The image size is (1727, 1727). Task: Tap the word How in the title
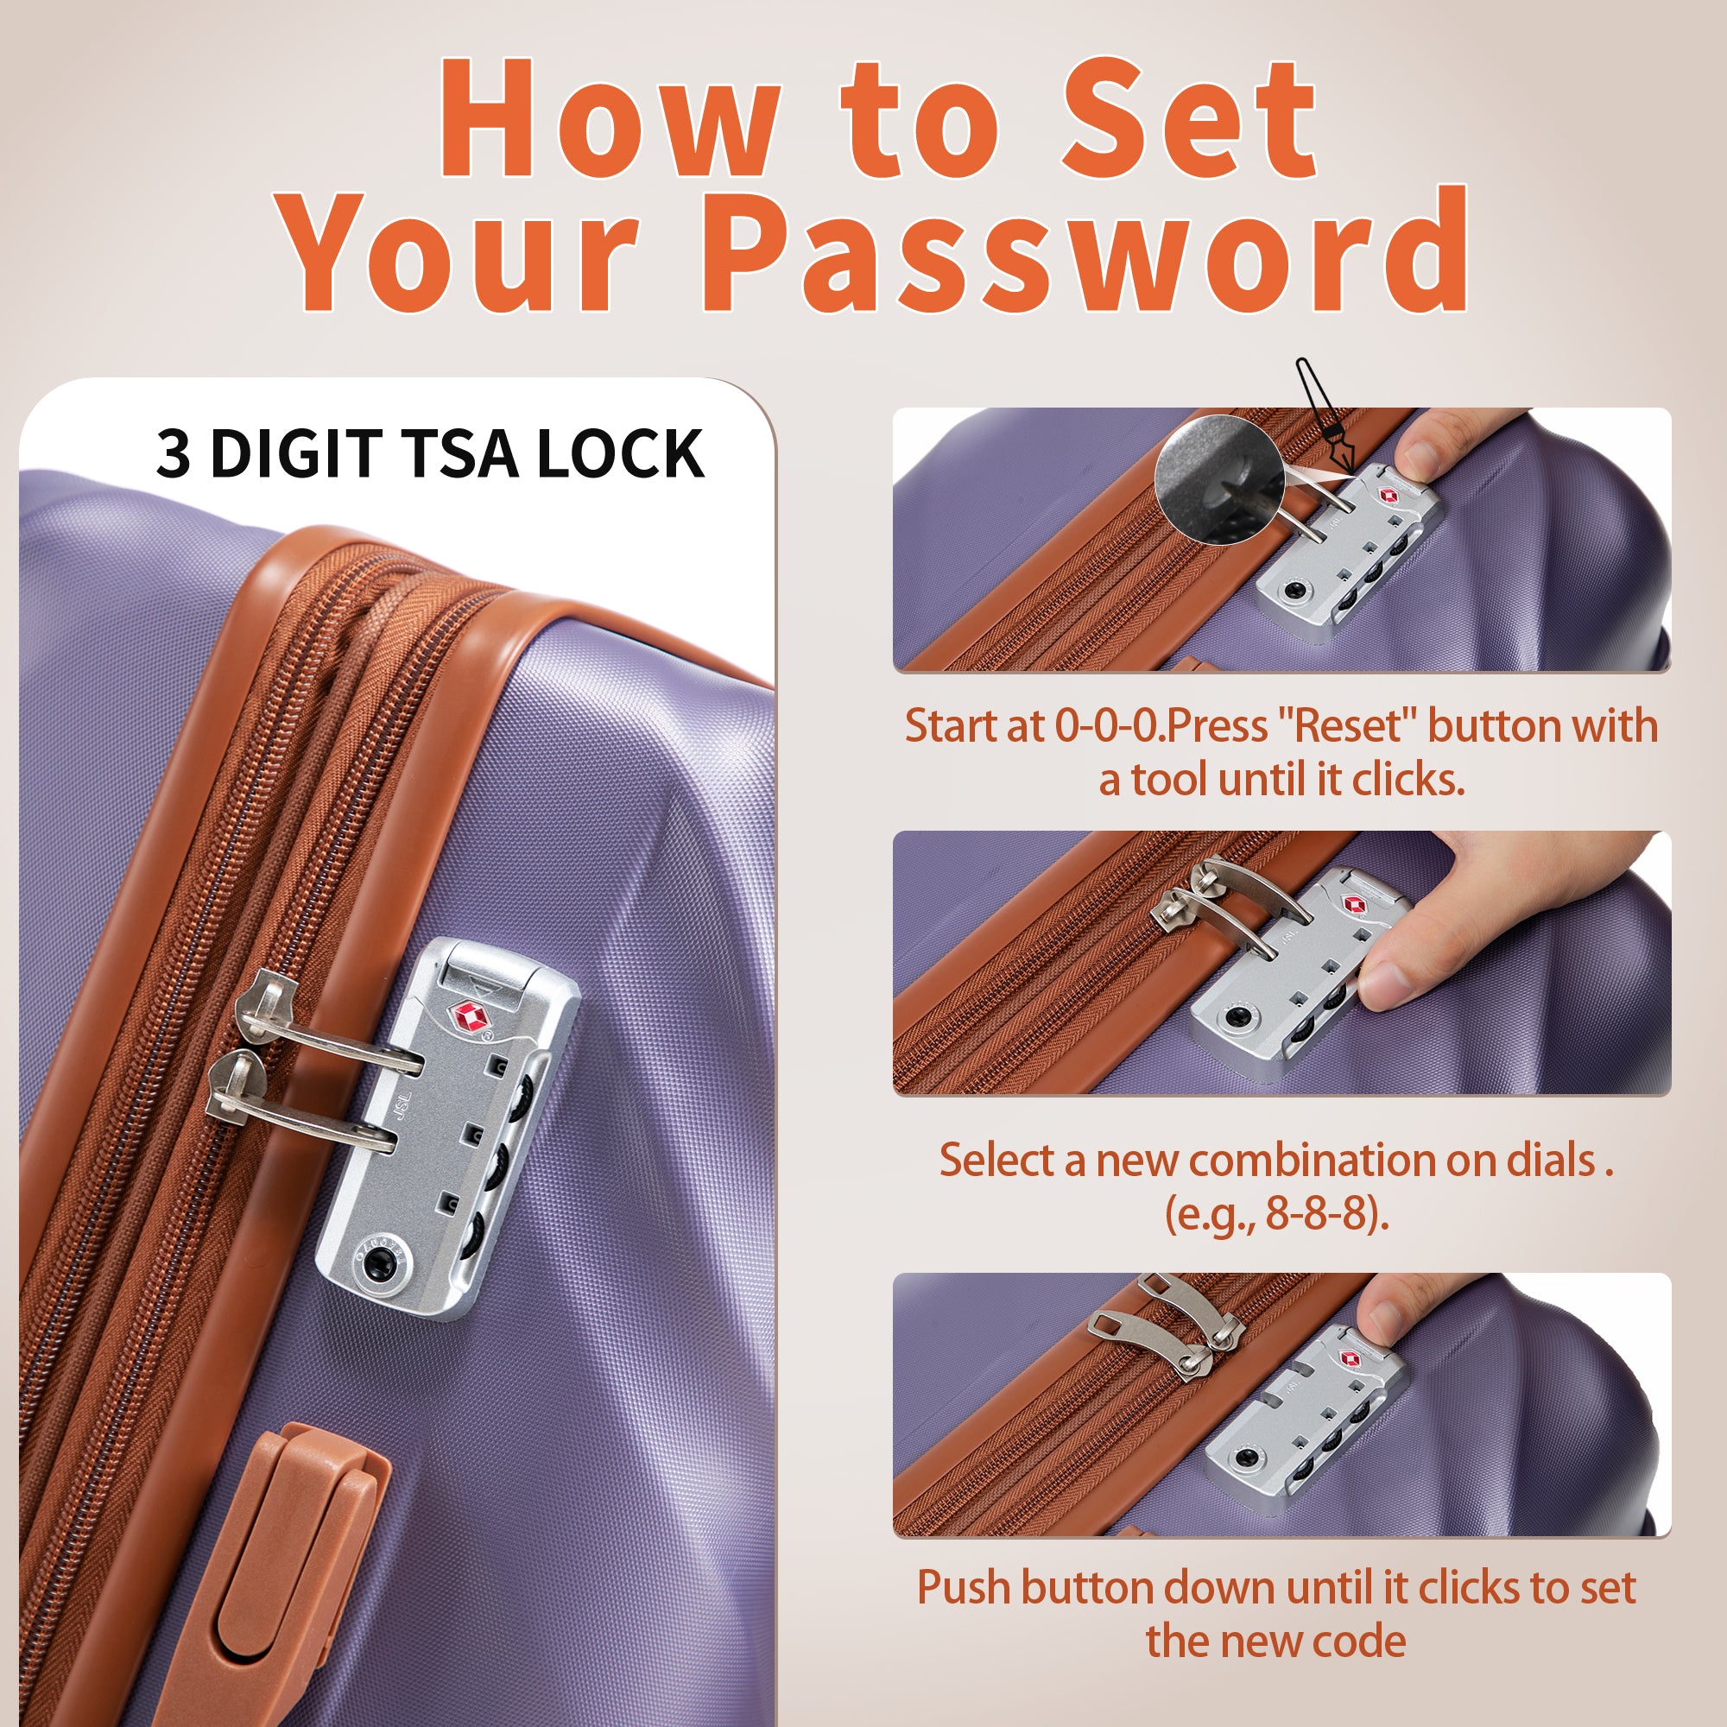point(609,118)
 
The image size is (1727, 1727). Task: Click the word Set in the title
point(1189,118)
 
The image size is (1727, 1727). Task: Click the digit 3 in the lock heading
point(174,454)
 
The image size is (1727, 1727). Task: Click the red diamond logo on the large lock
point(467,1015)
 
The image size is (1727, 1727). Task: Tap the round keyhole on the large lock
point(378,1262)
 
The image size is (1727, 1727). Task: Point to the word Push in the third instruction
point(964,1589)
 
